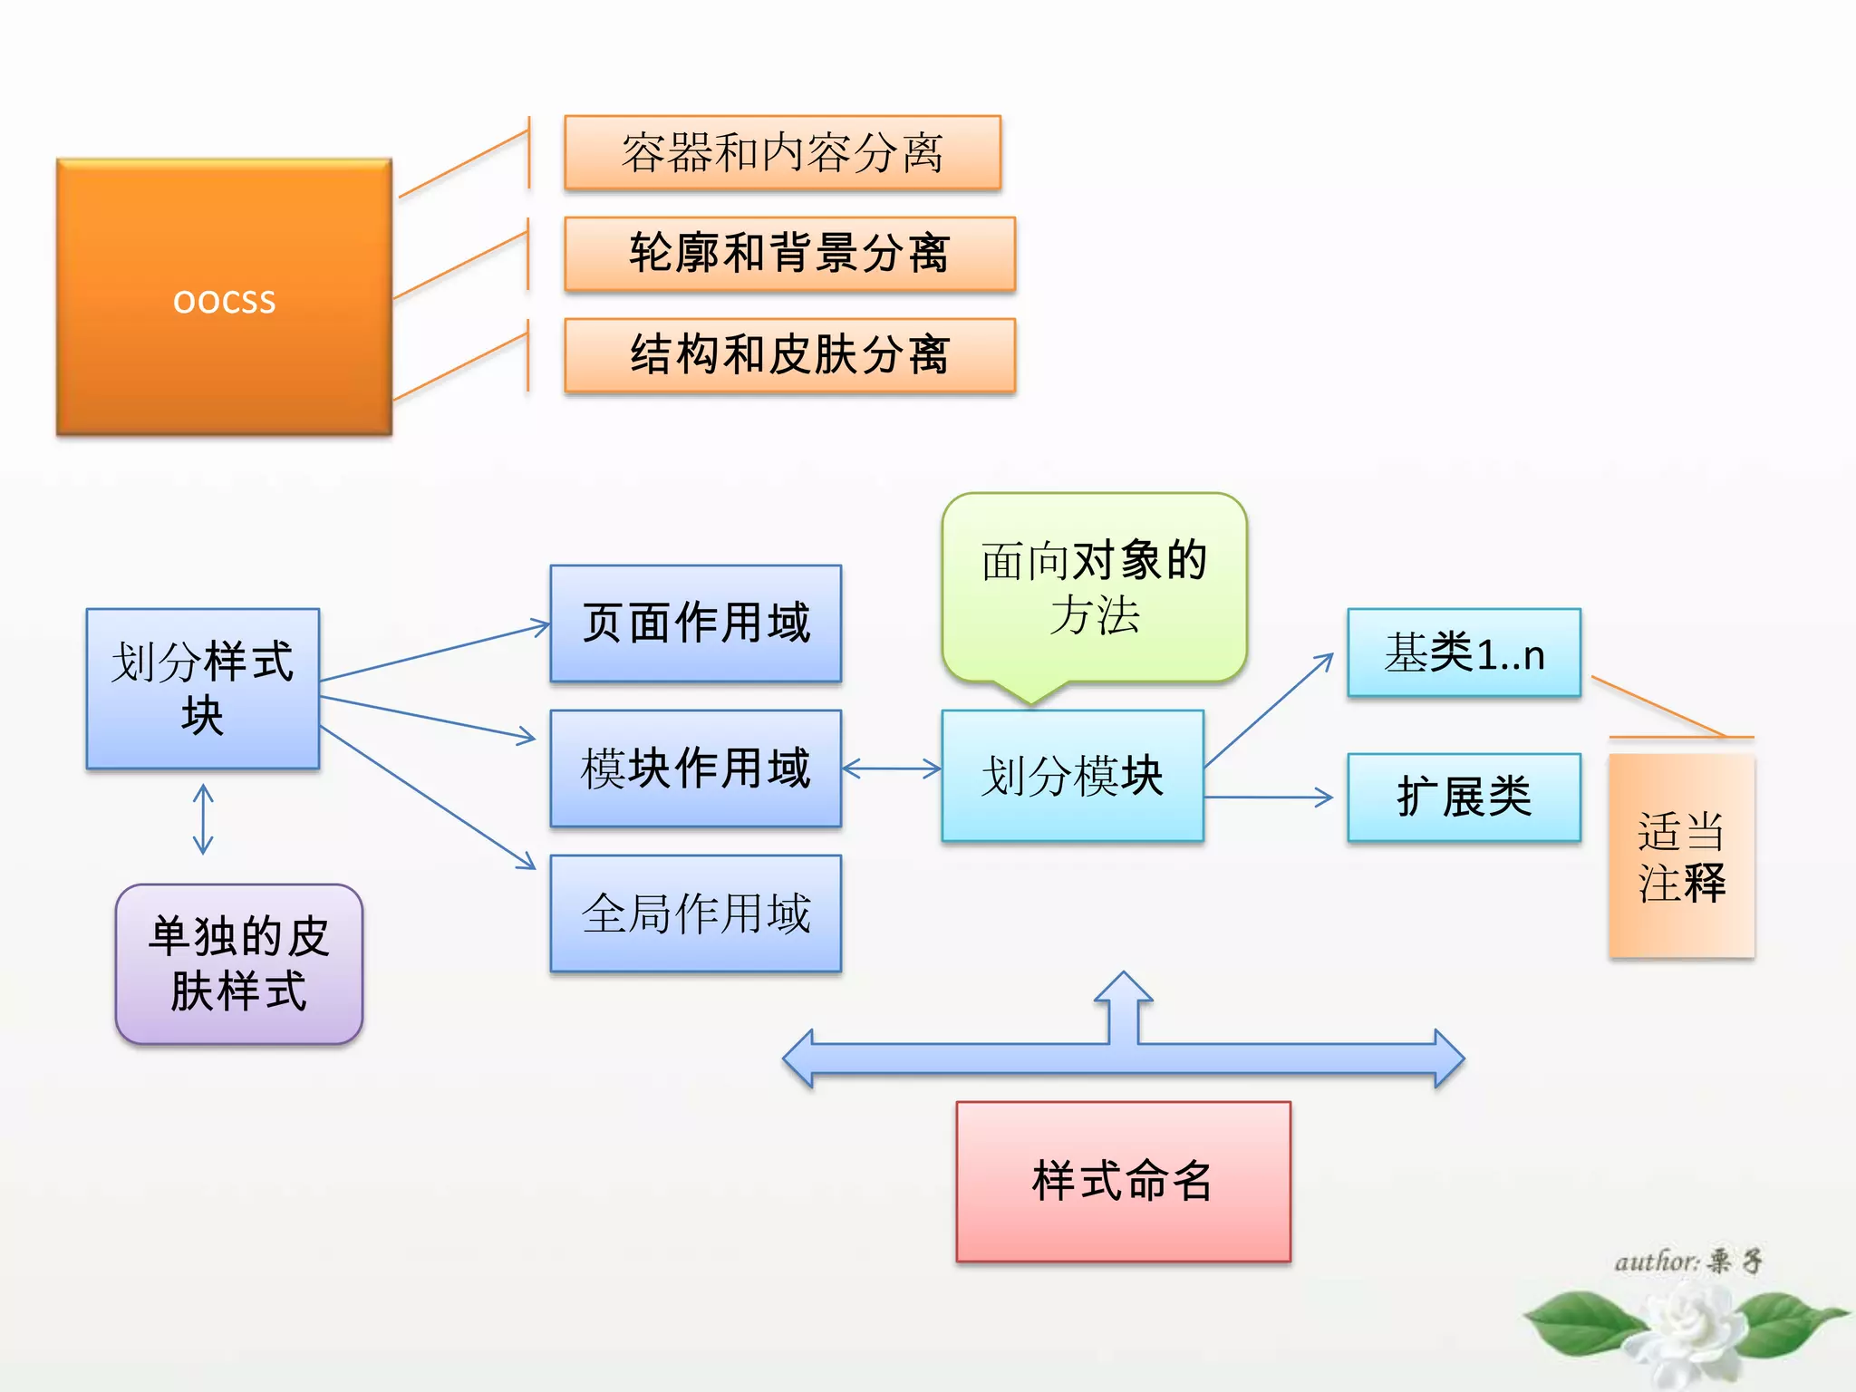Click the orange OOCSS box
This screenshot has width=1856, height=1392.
[224, 297]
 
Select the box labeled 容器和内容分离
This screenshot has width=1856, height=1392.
[782, 152]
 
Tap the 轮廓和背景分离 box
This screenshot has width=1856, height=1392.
[789, 254]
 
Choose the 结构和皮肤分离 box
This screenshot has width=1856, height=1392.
[789, 355]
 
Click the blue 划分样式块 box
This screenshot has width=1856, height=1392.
[202, 689]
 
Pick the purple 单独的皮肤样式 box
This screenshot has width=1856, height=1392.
[239, 964]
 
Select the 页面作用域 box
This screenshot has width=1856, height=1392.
[695, 623]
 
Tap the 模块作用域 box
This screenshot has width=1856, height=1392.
[695, 768]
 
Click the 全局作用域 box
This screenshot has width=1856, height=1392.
[695, 913]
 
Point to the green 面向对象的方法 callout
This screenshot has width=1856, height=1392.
[1094, 587]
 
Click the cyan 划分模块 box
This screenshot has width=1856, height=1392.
[1072, 776]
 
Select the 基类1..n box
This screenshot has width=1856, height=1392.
[1464, 652]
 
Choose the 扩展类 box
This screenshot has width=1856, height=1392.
[1464, 797]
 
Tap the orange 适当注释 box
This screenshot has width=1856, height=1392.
[1681, 855]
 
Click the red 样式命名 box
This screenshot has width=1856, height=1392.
[1123, 1182]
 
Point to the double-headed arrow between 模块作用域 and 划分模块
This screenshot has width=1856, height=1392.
[892, 768]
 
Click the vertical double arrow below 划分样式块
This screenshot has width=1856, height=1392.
[203, 819]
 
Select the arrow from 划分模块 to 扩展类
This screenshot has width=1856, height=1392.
[1269, 797]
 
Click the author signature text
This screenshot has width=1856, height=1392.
[1687, 1261]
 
